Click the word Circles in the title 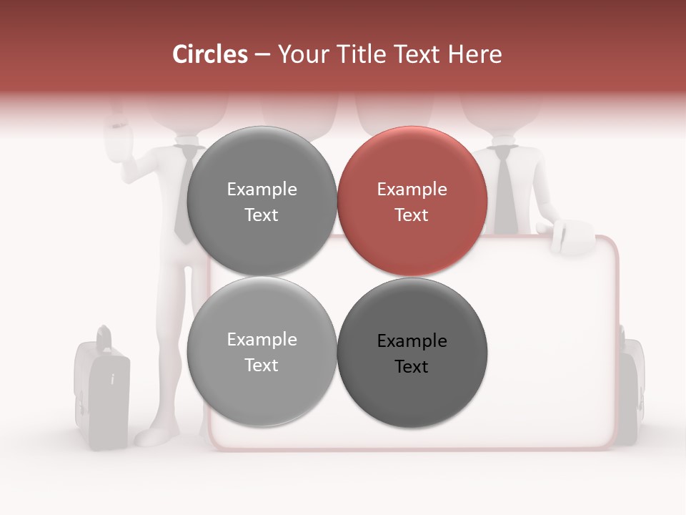point(210,54)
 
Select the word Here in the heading point(475,54)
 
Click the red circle point(412,201)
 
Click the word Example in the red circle point(412,190)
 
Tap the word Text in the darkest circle point(412,367)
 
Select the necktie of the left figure point(184,193)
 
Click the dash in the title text point(262,55)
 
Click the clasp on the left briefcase point(112,378)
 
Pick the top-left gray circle point(262,201)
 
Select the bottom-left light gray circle point(262,352)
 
